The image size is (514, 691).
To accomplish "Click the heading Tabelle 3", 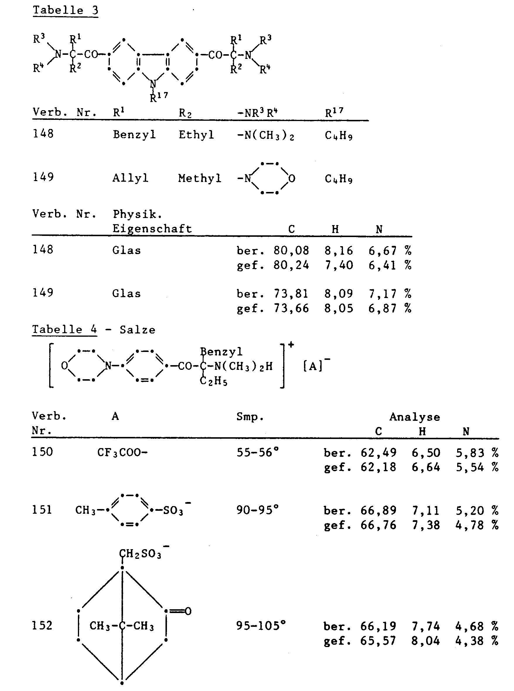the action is (65, 10).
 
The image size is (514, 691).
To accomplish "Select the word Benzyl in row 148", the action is (134, 135).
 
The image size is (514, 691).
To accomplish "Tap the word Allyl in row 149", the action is (130, 178).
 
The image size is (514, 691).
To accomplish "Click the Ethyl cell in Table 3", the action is (196, 135).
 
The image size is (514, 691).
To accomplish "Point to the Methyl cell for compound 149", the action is (199, 178).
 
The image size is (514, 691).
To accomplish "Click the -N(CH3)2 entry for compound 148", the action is (265, 135).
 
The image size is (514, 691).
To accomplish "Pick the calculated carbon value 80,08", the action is (291, 251).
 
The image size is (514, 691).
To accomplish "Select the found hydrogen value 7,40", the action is (339, 265).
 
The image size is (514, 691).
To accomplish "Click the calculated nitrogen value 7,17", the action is (383, 294).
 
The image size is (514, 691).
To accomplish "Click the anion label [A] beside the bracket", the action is (313, 366).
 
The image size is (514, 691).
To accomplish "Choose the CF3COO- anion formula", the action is (122, 452).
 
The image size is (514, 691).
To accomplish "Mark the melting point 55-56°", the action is (257, 452).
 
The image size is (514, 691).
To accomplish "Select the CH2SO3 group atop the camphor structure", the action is (141, 554).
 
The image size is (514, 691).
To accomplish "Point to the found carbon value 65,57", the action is (378, 641).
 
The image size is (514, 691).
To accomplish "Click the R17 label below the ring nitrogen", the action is (159, 97).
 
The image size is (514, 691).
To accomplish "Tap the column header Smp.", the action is (250, 416).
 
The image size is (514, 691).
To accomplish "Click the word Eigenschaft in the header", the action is (152, 229).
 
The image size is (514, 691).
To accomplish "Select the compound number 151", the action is (42, 510).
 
